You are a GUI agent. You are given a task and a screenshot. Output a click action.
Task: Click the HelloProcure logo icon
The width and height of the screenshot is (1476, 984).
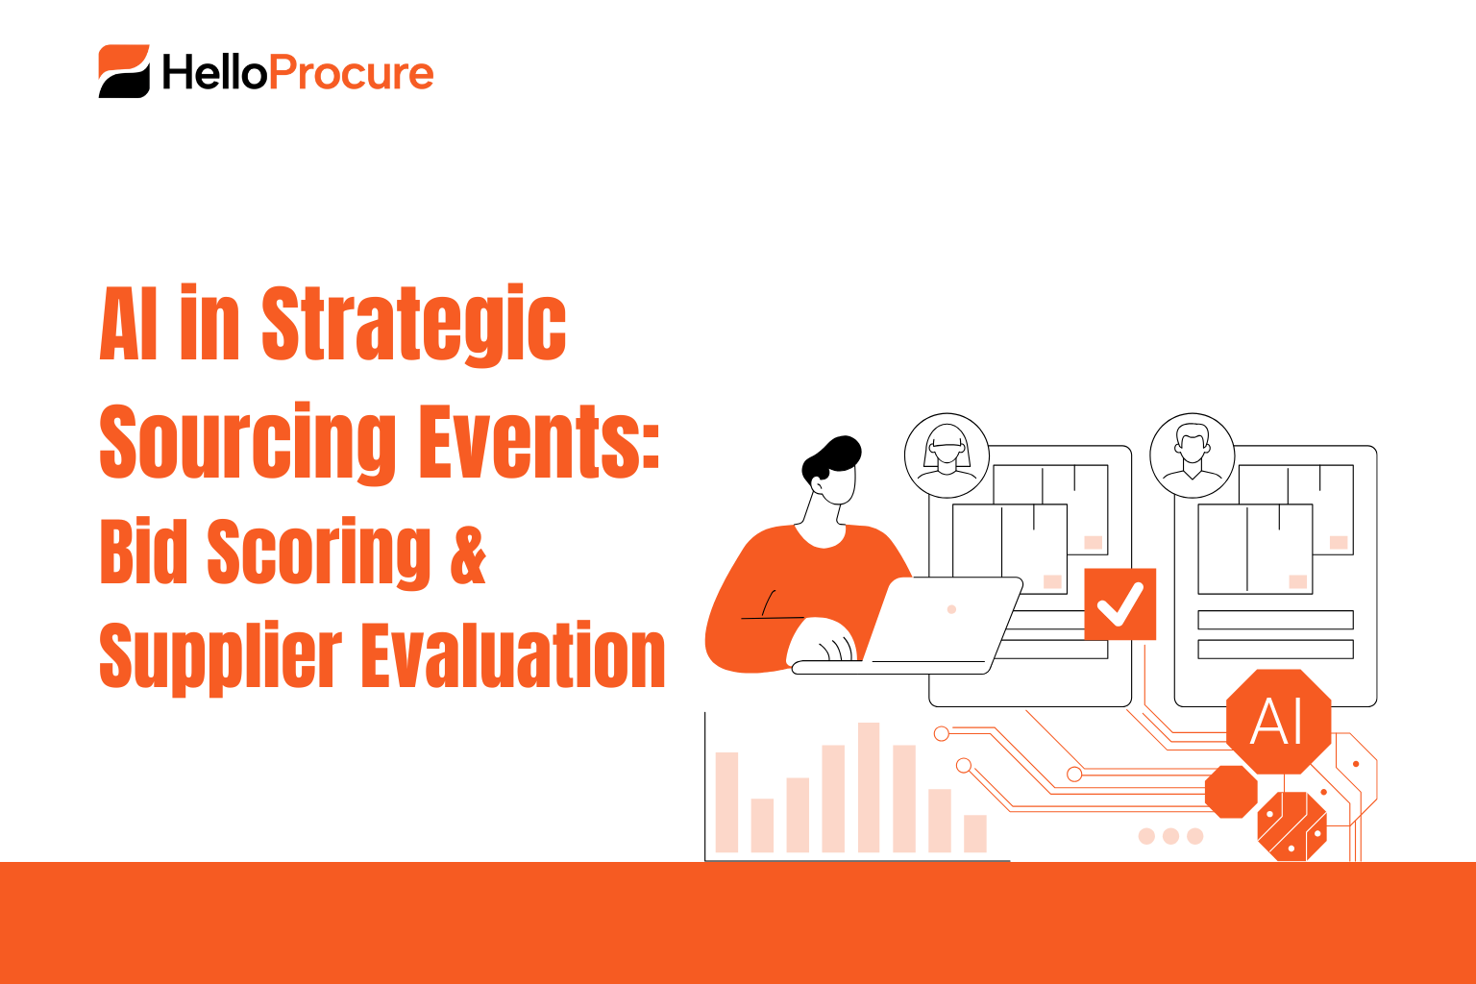pos(124,71)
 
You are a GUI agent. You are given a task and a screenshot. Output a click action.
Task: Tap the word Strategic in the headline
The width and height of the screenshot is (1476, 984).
pos(414,325)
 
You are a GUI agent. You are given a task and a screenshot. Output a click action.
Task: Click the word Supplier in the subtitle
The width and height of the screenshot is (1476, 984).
pos(220,656)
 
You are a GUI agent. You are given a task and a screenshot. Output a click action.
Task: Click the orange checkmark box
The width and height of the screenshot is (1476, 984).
pos(1119,604)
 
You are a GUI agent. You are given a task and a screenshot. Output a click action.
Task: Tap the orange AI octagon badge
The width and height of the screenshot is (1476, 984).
pos(1278,721)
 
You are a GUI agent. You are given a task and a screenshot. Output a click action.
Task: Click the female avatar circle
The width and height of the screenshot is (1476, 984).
pos(947,455)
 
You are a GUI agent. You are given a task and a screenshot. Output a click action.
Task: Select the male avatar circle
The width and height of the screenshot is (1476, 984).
pos(1192,455)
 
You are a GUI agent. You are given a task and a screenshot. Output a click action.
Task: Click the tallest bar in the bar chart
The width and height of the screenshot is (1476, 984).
pos(869,787)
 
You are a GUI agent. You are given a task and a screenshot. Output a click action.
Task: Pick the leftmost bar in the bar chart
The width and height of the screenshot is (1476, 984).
pos(726,802)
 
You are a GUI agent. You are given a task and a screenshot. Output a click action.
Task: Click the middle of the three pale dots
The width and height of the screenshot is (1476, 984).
pos(1170,836)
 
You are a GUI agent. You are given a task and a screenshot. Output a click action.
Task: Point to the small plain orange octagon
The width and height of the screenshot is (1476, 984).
pos(1231,792)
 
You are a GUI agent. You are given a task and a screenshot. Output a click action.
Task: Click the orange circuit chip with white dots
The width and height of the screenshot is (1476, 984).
pos(1291,825)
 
